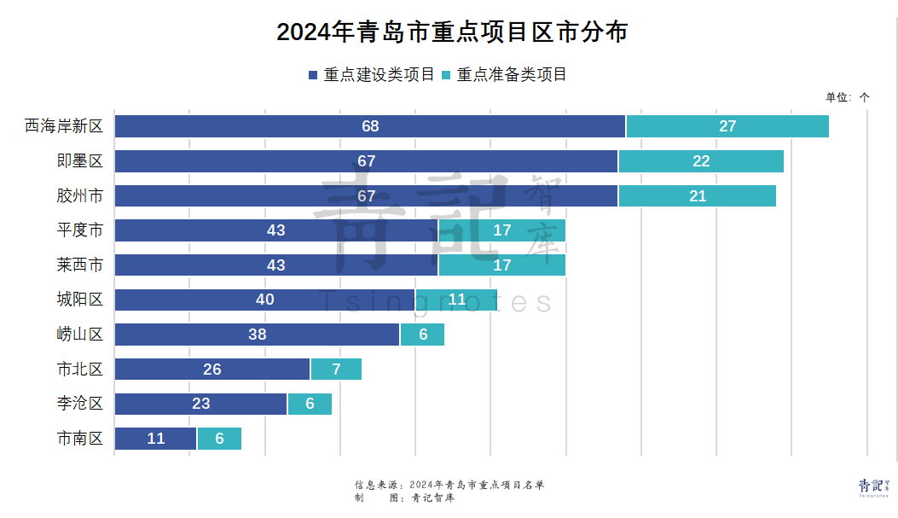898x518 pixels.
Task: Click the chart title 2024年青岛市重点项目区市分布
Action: coord(452,32)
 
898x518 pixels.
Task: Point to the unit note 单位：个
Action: coord(847,97)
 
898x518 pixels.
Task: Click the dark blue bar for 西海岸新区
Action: coord(369,126)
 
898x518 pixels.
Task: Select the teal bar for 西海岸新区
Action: coord(727,126)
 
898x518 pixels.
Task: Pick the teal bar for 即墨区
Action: coord(701,161)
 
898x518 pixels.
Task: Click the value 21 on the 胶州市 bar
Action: coord(698,195)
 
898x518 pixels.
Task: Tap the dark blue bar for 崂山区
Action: coord(257,335)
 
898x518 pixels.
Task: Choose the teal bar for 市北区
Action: coord(336,370)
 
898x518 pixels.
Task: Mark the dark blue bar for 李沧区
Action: coord(200,404)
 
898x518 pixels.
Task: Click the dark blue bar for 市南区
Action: coord(155,439)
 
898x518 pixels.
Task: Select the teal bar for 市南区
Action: coord(219,439)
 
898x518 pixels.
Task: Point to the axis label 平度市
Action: coord(80,230)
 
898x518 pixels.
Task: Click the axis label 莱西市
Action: coord(80,265)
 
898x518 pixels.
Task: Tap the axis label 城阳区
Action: coord(80,300)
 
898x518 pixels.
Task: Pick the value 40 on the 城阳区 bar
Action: coord(265,300)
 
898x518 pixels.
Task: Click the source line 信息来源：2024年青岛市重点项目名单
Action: coord(449,485)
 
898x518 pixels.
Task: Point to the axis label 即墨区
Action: coord(80,161)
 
